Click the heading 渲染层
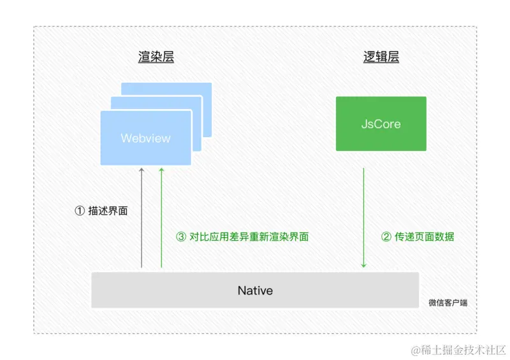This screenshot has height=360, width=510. (x=156, y=57)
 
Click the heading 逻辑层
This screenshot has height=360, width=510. (x=381, y=57)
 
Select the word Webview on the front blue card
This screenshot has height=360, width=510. (x=145, y=138)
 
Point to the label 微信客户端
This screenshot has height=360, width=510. (x=448, y=303)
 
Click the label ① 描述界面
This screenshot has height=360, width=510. (x=101, y=210)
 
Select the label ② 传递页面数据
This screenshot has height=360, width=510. (x=418, y=237)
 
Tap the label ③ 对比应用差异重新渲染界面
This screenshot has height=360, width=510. (x=242, y=237)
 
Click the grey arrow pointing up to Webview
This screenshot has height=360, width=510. (x=142, y=217)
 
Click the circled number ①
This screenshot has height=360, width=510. (x=80, y=210)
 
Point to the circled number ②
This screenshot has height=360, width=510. (x=386, y=237)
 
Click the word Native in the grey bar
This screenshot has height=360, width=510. (x=255, y=291)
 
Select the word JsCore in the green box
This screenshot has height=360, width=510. (x=381, y=124)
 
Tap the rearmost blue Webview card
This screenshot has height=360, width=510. (x=191, y=89)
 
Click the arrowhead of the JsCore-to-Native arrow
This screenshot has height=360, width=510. (x=363, y=265)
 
